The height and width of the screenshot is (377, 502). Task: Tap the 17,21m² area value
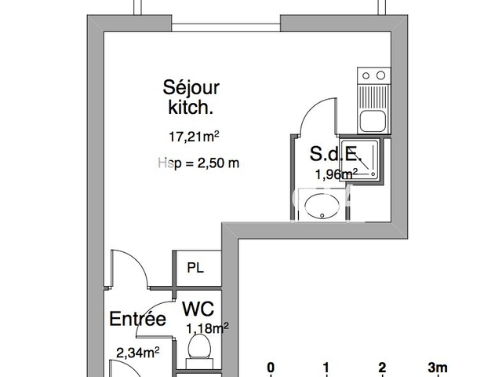click(x=193, y=136)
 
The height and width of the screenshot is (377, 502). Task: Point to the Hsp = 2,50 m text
click(x=198, y=163)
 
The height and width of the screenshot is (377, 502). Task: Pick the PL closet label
click(x=195, y=268)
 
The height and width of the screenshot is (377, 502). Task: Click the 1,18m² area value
click(x=207, y=328)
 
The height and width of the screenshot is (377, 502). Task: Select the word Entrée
click(x=137, y=320)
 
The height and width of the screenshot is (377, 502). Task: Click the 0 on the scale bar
click(x=271, y=367)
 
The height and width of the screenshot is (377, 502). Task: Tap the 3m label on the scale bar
click(x=437, y=367)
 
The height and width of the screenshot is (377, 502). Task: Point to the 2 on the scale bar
click(x=382, y=367)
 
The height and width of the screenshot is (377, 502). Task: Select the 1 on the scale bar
click(x=326, y=367)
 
